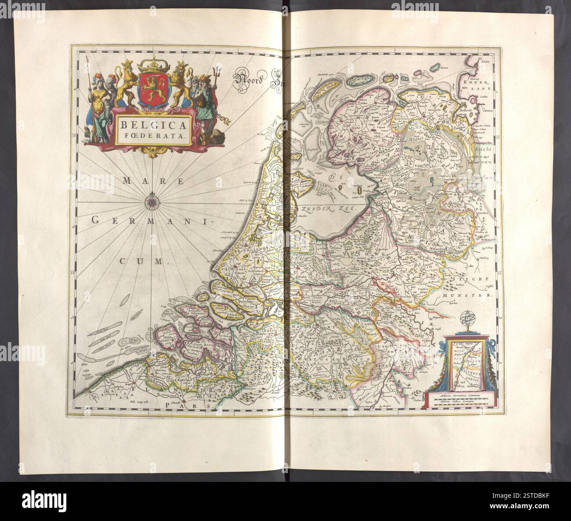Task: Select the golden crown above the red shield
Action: point(154,67)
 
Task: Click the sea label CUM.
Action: point(141,261)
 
